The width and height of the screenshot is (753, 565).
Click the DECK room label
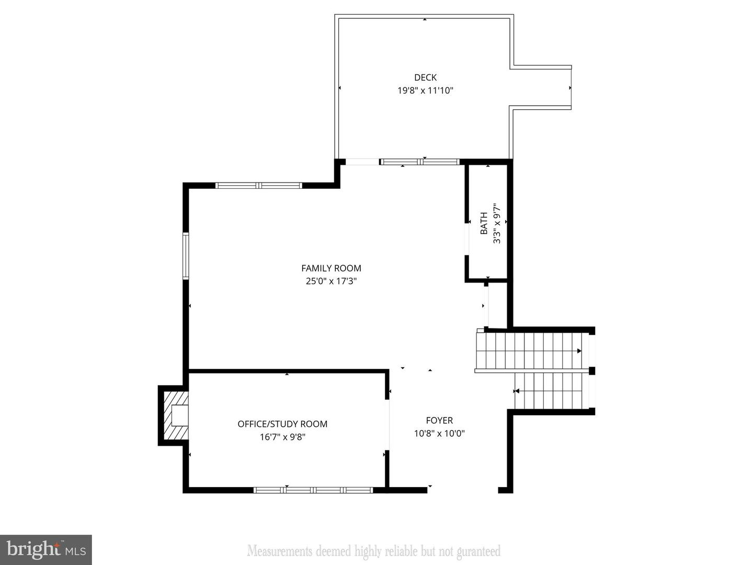tap(425, 77)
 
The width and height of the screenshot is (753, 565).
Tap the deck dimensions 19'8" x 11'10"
tap(425, 91)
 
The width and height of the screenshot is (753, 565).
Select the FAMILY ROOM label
tap(331, 268)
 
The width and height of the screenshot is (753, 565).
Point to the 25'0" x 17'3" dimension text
tap(331, 281)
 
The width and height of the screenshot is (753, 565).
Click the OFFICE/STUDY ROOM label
tap(282, 424)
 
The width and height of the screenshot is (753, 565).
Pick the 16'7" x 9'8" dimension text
tap(282, 437)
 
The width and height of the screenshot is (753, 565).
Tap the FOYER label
tap(439, 420)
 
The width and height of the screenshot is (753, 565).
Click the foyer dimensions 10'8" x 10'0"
tap(439, 433)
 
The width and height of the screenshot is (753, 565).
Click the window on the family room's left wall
tap(186, 256)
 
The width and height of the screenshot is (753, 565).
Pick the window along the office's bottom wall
tap(313, 490)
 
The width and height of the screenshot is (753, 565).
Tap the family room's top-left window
tap(259, 185)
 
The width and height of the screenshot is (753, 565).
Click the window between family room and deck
tap(419, 162)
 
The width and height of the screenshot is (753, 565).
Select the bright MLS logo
tap(46, 549)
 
